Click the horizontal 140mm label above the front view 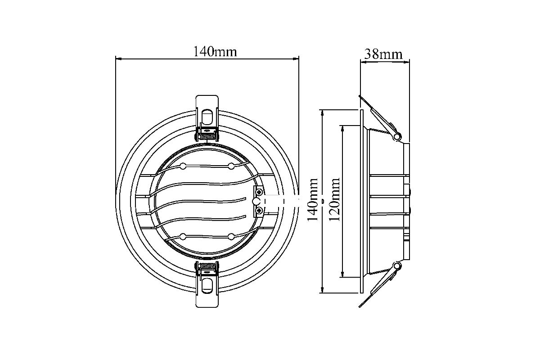(x=215, y=52)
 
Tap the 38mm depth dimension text (x=383, y=54)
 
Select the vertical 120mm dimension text (x=335, y=199)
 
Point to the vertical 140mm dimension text (x=313, y=199)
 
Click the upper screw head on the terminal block (x=259, y=192)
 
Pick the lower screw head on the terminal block (x=259, y=211)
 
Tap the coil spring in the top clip (x=207, y=137)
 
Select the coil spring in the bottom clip (x=207, y=266)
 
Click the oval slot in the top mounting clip (x=207, y=117)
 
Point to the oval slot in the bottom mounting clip (x=207, y=286)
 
